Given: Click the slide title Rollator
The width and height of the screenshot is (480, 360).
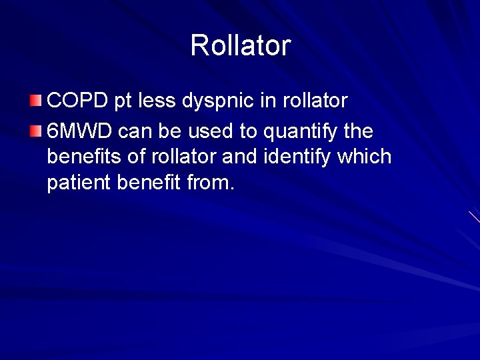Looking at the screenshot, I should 240,45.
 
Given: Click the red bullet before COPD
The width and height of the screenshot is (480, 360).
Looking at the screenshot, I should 35,101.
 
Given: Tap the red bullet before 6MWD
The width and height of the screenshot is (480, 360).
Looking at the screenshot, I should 35,129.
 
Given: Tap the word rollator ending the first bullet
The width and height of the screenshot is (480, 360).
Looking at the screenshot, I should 315,101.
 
